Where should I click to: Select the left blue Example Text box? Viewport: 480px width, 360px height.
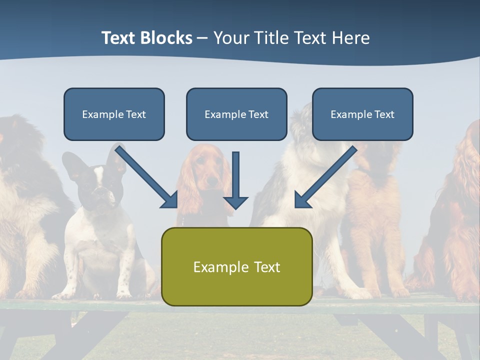[114, 114]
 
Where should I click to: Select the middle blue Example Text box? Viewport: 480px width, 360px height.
[236, 114]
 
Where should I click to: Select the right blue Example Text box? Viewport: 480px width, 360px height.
[362, 114]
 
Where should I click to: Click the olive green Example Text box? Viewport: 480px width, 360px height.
[236, 266]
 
